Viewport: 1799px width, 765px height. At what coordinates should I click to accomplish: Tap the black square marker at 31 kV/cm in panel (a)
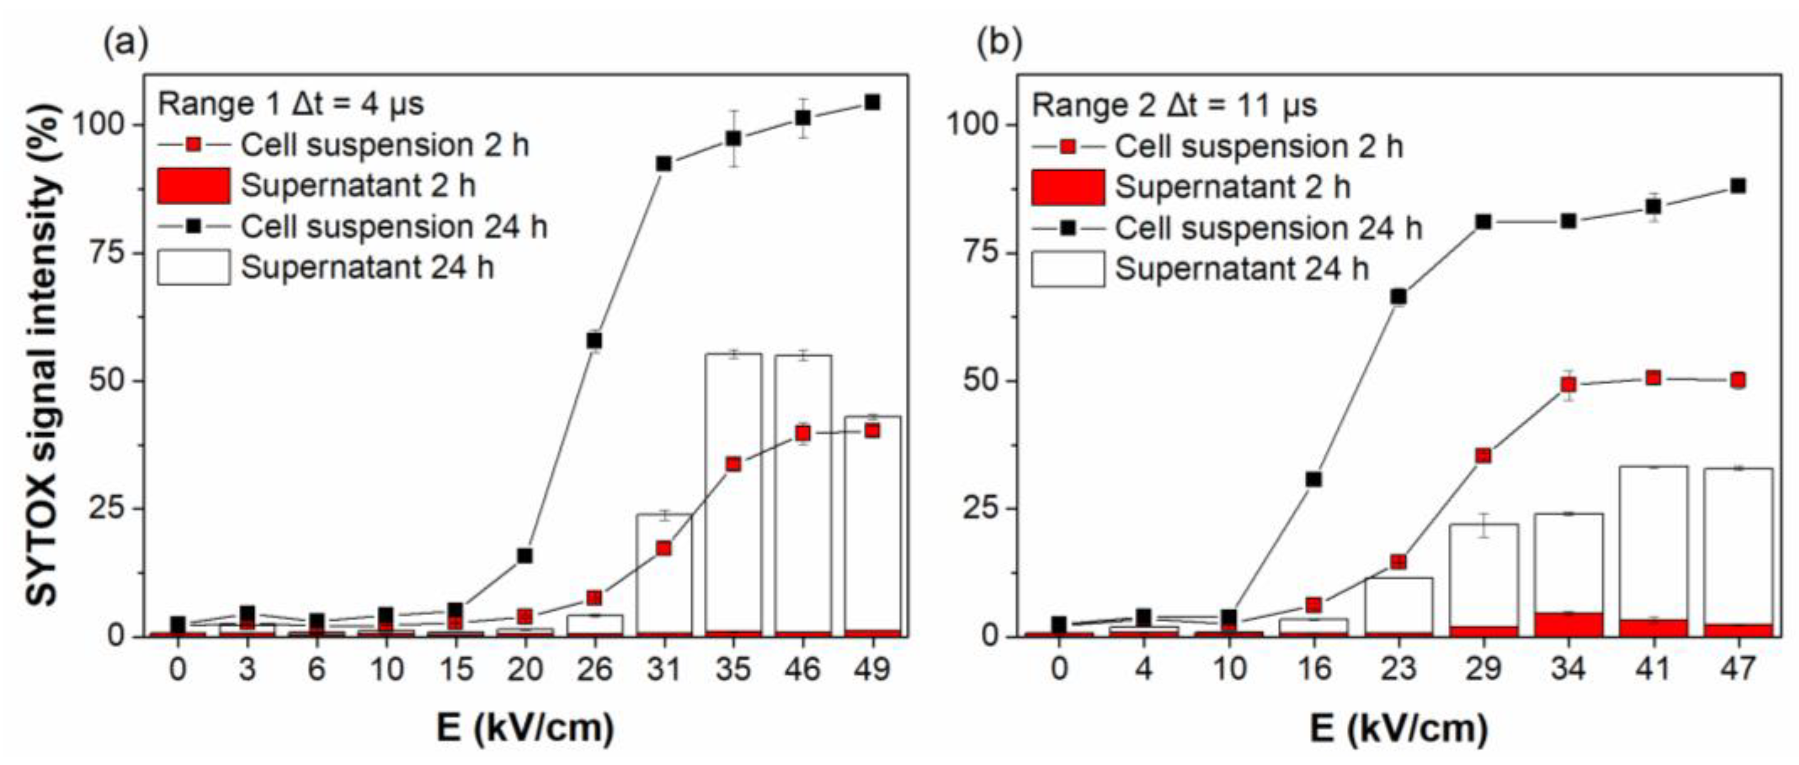pyautogui.click(x=663, y=163)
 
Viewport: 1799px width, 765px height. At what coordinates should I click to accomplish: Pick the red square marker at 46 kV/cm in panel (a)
pyautogui.click(x=803, y=433)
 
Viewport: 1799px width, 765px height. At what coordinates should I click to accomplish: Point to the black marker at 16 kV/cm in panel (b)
pyautogui.click(x=1313, y=480)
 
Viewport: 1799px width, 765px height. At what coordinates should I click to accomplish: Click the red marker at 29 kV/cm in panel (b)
pyautogui.click(x=1483, y=456)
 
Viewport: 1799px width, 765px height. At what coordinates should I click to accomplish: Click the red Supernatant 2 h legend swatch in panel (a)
pyautogui.click(x=193, y=186)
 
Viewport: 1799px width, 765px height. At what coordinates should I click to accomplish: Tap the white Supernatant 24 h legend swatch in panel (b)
pyautogui.click(x=1068, y=269)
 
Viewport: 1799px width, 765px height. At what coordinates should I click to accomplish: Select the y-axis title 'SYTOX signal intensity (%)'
pyautogui.click(x=43, y=356)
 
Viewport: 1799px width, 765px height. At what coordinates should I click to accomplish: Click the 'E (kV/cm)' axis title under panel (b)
pyautogui.click(x=1399, y=729)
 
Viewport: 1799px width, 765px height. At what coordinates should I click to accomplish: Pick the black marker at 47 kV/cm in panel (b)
pyautogui.click(x=1738, y=186)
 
